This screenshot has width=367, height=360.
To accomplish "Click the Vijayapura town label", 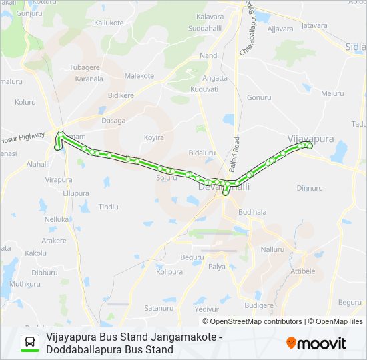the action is point(310,138).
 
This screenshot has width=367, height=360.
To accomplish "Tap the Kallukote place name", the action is point(109,23).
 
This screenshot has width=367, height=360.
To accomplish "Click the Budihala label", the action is point(252,212).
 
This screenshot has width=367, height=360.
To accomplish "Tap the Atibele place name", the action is point(302,271).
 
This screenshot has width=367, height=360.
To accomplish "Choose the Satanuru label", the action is point(159,308).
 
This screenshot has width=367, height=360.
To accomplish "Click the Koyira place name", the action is point(153,138).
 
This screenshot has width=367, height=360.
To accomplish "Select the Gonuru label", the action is point(259,97).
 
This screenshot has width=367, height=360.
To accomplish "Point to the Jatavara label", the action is point(314,26).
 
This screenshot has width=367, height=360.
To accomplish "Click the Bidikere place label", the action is point(121,95).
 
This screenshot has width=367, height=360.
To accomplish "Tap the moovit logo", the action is point(316,343).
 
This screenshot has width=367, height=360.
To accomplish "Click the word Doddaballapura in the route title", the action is point(81,349).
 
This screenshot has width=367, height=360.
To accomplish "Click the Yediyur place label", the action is point(206,309).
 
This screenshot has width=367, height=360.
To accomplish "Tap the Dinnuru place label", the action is point(310,189).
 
